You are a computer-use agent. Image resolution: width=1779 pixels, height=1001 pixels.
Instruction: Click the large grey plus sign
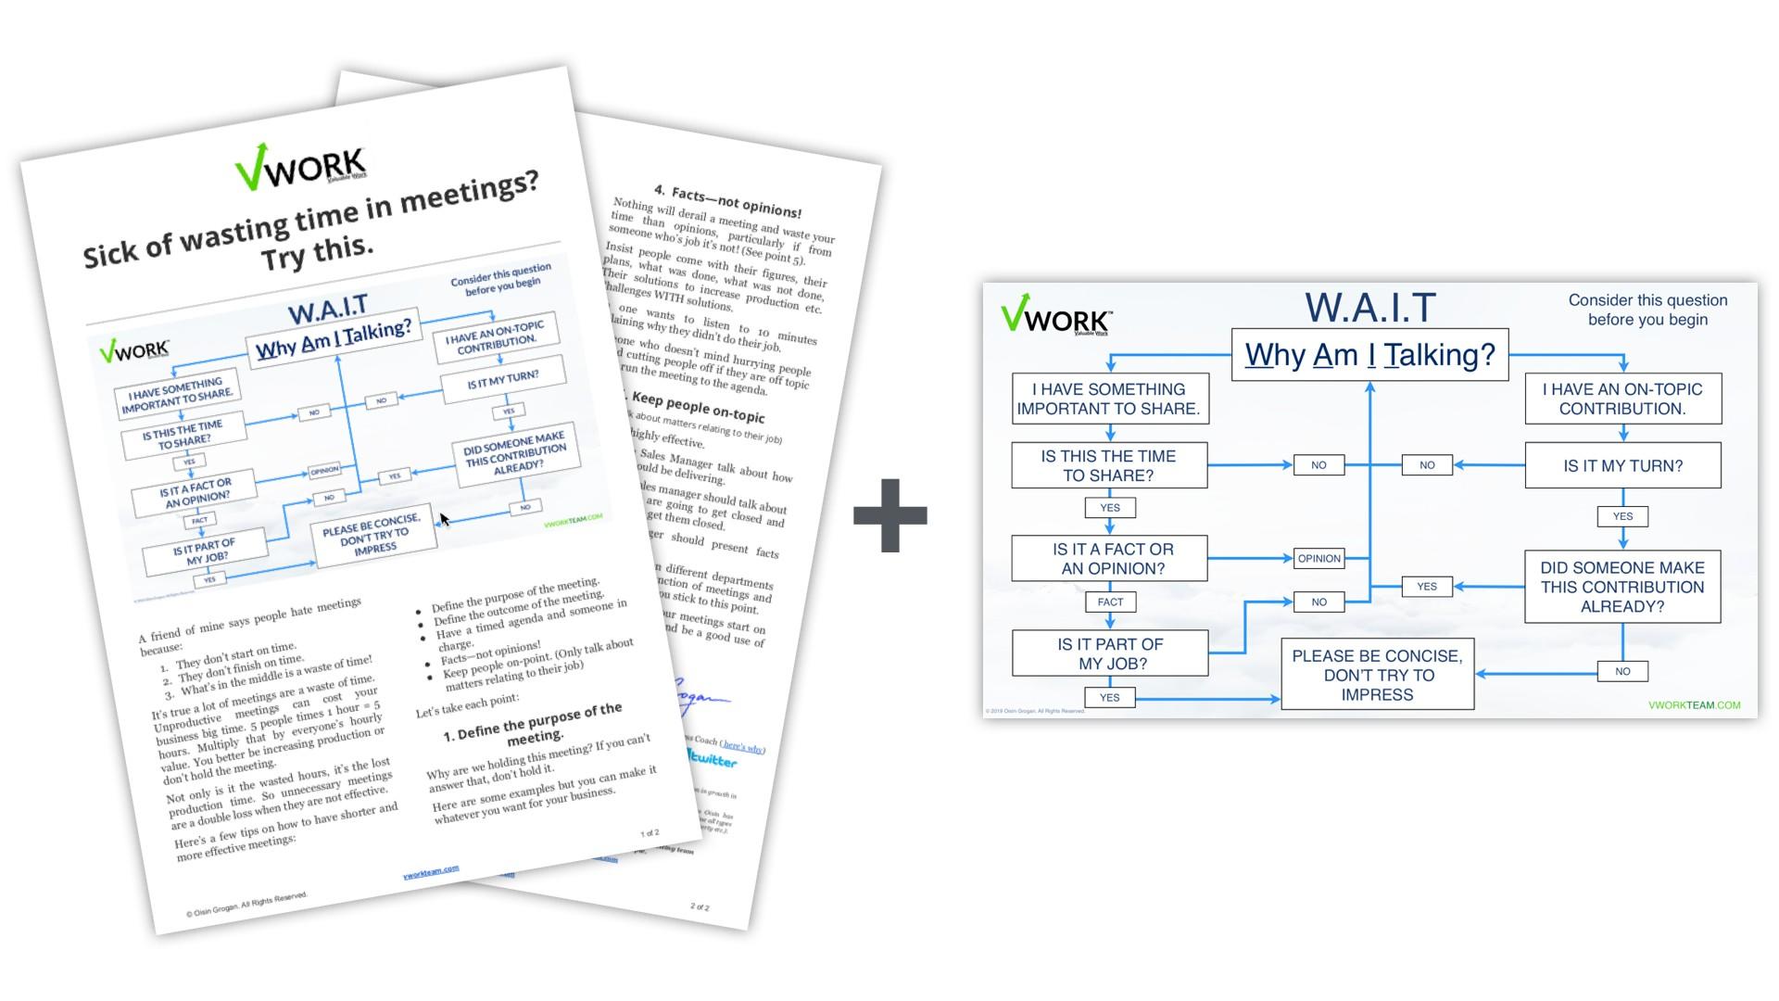coord(889,515)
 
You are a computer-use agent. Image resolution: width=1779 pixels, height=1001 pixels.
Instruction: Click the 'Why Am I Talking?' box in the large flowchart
coord(1369,354)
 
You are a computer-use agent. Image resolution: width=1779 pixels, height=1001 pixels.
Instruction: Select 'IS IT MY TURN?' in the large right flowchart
coord(1622,465)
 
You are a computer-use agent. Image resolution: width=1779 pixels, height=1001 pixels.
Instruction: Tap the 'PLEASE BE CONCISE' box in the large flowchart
coord(1377,675)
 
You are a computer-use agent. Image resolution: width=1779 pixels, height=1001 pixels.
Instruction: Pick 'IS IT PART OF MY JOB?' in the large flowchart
coord(1110,653)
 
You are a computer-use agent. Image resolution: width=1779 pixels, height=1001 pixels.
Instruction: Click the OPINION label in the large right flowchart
coord(1318,559)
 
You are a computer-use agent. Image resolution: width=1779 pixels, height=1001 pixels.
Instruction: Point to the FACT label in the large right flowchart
coord(1110,602)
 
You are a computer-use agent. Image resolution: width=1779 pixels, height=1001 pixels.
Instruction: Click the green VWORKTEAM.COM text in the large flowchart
coord(1694,705)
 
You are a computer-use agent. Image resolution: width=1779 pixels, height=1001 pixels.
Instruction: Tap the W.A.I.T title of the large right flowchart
coord(1370,308)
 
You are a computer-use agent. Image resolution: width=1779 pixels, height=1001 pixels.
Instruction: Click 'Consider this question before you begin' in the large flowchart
coord(1647,310)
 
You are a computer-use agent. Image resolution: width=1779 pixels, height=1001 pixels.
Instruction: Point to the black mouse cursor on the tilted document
coord(444,520)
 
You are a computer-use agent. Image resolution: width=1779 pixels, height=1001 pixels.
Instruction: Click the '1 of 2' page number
coord(650,833)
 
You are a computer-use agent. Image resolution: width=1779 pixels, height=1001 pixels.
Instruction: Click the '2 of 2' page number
coord(700,906)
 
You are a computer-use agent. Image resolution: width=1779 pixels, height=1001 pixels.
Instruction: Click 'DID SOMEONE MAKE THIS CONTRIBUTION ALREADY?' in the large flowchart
coord(1621,587)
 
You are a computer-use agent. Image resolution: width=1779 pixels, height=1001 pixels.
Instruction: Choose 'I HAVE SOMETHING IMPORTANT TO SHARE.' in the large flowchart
coord(1110,399)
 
